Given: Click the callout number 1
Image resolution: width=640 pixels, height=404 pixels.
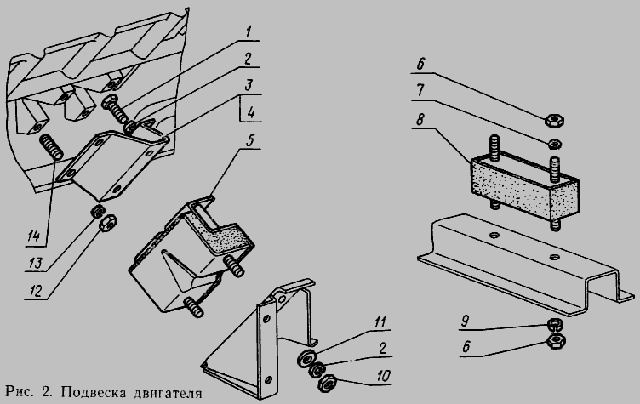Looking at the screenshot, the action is [249, 31].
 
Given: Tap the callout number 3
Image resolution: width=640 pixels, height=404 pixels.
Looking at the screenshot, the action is [249, 85].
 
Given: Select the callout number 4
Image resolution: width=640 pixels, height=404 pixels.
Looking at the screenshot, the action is [251, 111].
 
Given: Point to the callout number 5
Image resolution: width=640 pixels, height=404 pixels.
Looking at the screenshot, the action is [250, 139].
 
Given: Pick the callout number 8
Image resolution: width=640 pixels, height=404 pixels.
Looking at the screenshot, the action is [420, 119].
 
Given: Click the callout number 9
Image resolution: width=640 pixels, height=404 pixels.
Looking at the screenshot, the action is [465, 321].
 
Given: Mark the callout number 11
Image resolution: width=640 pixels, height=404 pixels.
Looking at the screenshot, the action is [380, 322].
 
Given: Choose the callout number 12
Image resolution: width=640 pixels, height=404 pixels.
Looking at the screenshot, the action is [36, 291].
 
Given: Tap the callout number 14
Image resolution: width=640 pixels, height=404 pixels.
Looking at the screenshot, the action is [34, 236].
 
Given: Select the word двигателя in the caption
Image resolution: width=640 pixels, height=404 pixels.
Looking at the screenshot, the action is [168, 394].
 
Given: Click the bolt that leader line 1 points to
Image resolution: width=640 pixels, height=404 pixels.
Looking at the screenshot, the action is [117, 108].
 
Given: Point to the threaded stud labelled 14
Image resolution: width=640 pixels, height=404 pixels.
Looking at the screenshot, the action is [51, 147].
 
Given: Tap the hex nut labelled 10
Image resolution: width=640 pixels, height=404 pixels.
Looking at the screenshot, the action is [327, 384].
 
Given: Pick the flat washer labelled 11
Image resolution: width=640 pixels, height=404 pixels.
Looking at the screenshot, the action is [306, 358].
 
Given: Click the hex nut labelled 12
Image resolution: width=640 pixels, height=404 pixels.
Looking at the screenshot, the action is [109, 222].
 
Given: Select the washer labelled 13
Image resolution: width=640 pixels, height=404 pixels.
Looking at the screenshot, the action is [98, 212].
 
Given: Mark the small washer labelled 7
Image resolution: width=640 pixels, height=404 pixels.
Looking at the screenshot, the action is [555, 143].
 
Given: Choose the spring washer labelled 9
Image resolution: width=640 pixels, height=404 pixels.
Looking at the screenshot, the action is [555, 324].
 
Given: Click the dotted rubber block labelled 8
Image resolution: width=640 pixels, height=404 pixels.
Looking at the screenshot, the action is [524, 185].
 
